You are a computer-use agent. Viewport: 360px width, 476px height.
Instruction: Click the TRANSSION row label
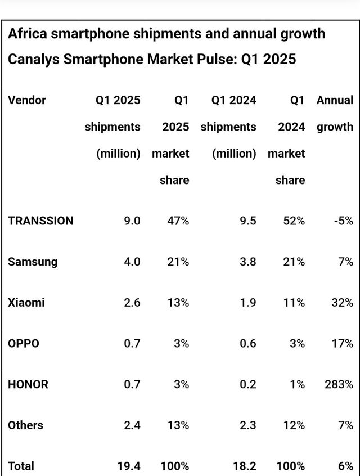point(40,221)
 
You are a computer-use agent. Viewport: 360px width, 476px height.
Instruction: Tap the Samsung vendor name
point(33,262)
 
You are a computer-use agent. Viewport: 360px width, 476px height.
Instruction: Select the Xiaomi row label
point(26,303)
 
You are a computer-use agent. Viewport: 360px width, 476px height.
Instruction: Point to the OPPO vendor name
point(24,343)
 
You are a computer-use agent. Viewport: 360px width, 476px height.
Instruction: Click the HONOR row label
point(28,384)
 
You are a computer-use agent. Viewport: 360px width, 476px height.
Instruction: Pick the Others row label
point(25,425)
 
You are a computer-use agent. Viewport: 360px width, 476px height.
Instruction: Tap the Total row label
point(21,466)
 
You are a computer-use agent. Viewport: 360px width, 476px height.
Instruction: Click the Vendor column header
point(27,101)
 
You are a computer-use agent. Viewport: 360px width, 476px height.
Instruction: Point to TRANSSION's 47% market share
point(178,221)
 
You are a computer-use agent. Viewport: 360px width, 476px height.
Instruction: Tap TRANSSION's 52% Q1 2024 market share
point(294,221)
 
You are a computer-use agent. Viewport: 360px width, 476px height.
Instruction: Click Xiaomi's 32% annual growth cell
point(343,303)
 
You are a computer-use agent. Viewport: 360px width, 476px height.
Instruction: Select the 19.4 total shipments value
point(129,466)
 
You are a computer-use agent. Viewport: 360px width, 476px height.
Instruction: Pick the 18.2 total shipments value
point(245,466)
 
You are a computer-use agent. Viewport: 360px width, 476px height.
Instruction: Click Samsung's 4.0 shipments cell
point(132,262)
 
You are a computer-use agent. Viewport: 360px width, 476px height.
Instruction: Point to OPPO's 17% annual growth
point(343,343)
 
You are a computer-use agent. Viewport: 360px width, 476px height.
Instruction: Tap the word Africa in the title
point(27,34)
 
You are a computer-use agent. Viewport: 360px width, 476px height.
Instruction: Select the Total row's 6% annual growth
point(346,466)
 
